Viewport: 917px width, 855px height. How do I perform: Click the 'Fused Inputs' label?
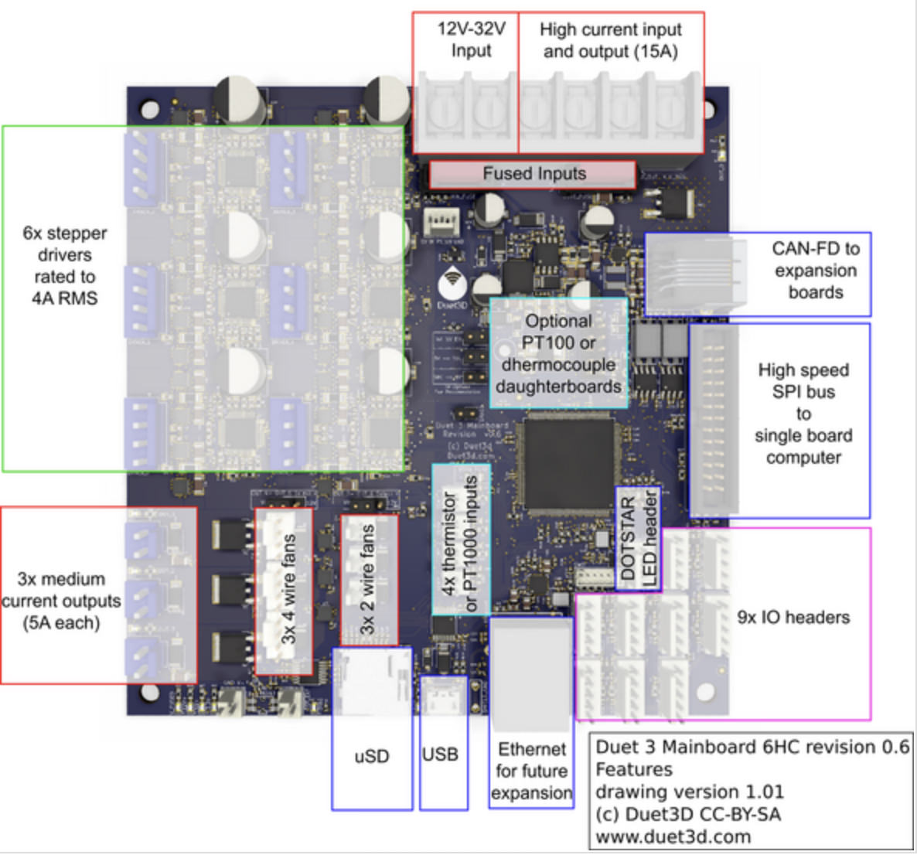pos(533,174)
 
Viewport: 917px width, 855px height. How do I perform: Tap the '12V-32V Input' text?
pos(471,40)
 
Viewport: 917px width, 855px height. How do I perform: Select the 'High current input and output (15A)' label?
pos(610,40)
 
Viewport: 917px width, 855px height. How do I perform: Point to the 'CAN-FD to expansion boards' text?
pos(815,271)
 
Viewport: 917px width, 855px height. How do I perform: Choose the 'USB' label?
pos(440,755)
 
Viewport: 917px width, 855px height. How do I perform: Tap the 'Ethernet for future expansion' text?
pos(532,771)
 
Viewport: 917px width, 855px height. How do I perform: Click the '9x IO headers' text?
pos(793,617)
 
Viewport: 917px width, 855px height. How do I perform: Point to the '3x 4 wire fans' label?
pos(288,589)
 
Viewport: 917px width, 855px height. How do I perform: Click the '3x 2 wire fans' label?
pos(367,578)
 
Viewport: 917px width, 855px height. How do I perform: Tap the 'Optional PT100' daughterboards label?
pos(558,353)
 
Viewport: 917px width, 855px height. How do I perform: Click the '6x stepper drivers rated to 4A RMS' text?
pos(65,265)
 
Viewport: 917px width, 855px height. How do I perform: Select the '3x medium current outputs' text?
pos(61,601)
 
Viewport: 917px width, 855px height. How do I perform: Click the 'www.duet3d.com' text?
pos(673,836)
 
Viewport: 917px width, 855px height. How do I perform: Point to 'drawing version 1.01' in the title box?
pos(689,792)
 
